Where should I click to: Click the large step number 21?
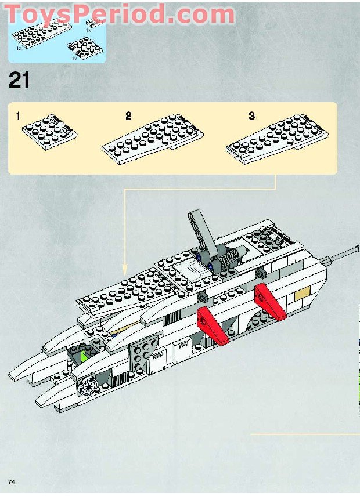[19, 81]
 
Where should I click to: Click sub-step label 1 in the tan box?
[18, 116]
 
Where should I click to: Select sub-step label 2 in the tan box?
[128, 116]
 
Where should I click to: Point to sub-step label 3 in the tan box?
[251, 116]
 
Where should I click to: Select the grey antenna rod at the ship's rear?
[344, 254]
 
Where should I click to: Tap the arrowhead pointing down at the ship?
[124, 270]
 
